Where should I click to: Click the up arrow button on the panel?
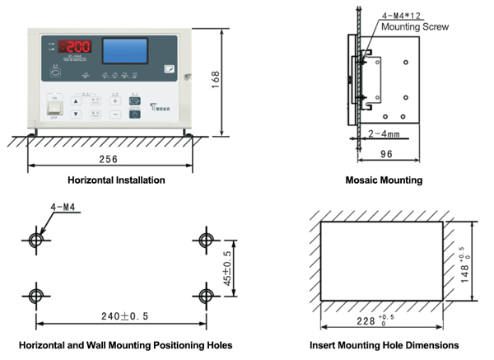click(76, 101)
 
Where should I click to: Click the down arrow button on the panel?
click(76, 115)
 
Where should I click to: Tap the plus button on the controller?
click(116, 101)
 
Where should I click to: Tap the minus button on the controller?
click(116, 115)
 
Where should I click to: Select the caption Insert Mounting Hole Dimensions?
click(384, 345)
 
